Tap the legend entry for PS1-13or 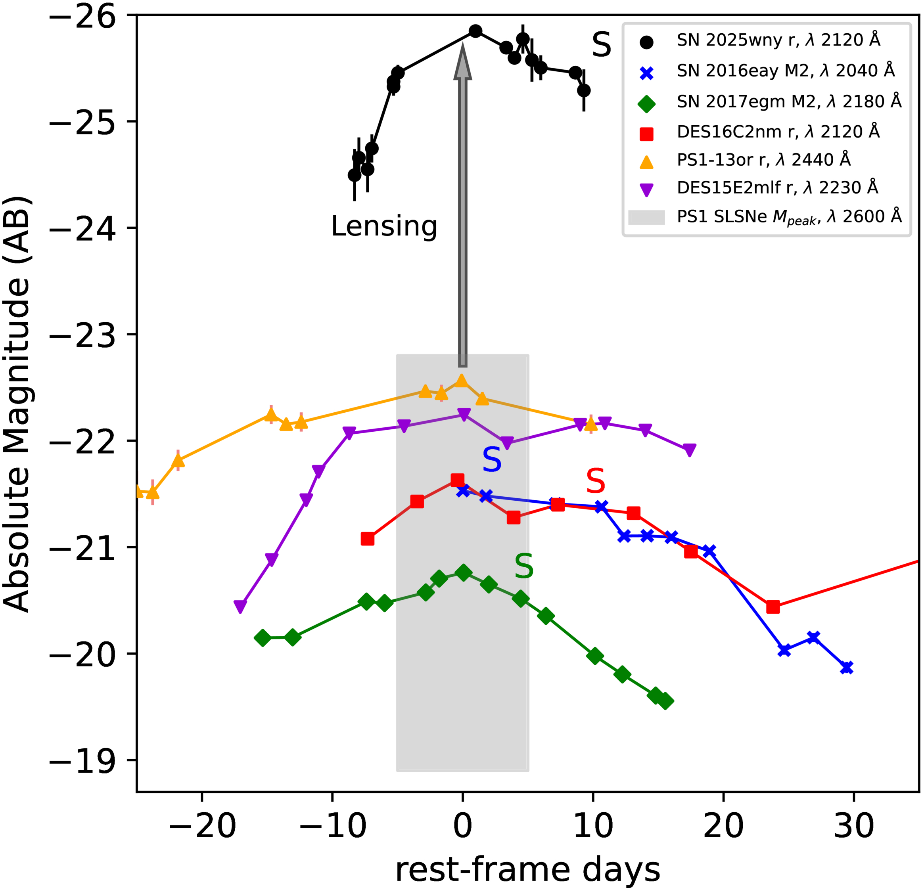tap(745, 161)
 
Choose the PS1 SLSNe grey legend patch tap(646, 217)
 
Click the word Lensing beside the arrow tap(384, 227)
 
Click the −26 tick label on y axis tap(82, 17)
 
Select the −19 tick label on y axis tap(82, 762)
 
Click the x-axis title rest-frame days tap(527, 870)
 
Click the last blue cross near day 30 tap(847, 668)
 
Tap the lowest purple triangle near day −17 tap(240, 607)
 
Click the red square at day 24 tap(773, 607)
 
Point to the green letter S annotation tap(524, 566)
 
